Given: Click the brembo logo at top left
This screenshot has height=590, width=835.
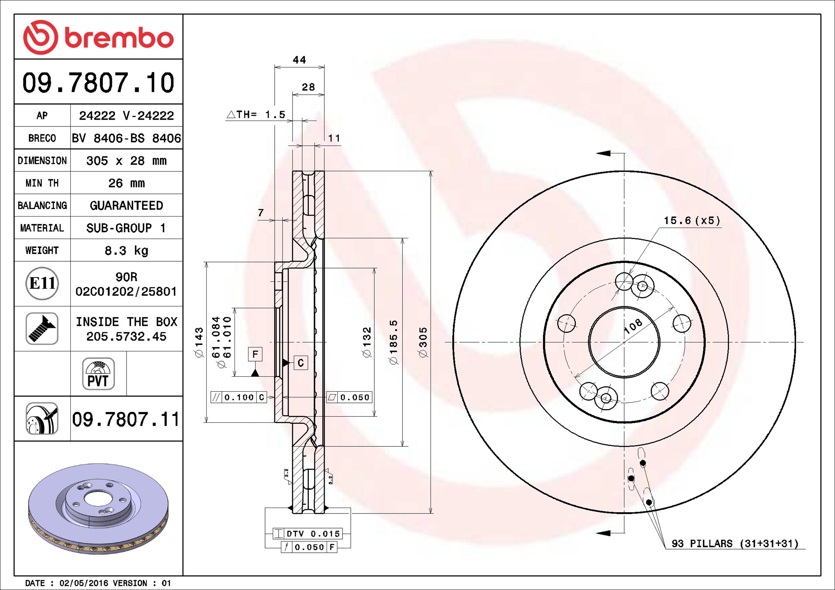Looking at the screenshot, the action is click(x=98, y=37).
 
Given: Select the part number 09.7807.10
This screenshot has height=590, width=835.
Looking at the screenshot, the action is click(x=98, y=82).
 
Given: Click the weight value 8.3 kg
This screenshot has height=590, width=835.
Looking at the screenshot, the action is click(x=127, y=251).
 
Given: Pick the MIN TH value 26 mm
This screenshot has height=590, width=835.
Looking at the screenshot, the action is click(x=127, y=183).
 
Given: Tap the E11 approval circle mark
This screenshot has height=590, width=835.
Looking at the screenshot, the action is click(x=42, y=284).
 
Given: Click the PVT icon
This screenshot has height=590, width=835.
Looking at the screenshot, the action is click(x=98, y=374).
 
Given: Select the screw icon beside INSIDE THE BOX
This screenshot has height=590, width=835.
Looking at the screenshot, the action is click(x=42, y=328).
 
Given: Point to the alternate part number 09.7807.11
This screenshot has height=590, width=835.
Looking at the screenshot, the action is click(x=126, y=419).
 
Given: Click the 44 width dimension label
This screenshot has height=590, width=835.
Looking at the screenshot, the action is click(x=299, y=60).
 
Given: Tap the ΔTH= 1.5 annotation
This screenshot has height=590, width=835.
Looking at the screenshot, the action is click(x=256, y=115).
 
